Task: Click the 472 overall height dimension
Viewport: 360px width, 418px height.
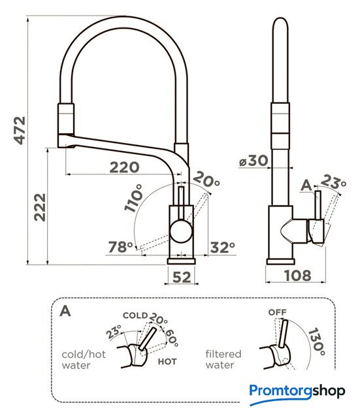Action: tap(20, 131)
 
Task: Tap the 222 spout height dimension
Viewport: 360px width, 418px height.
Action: tap(40, 208)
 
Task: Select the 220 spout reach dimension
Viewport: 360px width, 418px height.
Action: tap(124, 167)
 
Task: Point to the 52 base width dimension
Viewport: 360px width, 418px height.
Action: tap(182, 277)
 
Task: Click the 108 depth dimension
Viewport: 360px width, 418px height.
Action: tap(297, 276)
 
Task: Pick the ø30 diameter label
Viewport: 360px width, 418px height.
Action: tap(254, 161)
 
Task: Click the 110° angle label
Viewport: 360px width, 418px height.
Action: tap(134, 198)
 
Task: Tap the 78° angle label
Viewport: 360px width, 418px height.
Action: tap(120, 247)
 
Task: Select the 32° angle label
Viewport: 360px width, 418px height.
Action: tap(223, 248)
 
